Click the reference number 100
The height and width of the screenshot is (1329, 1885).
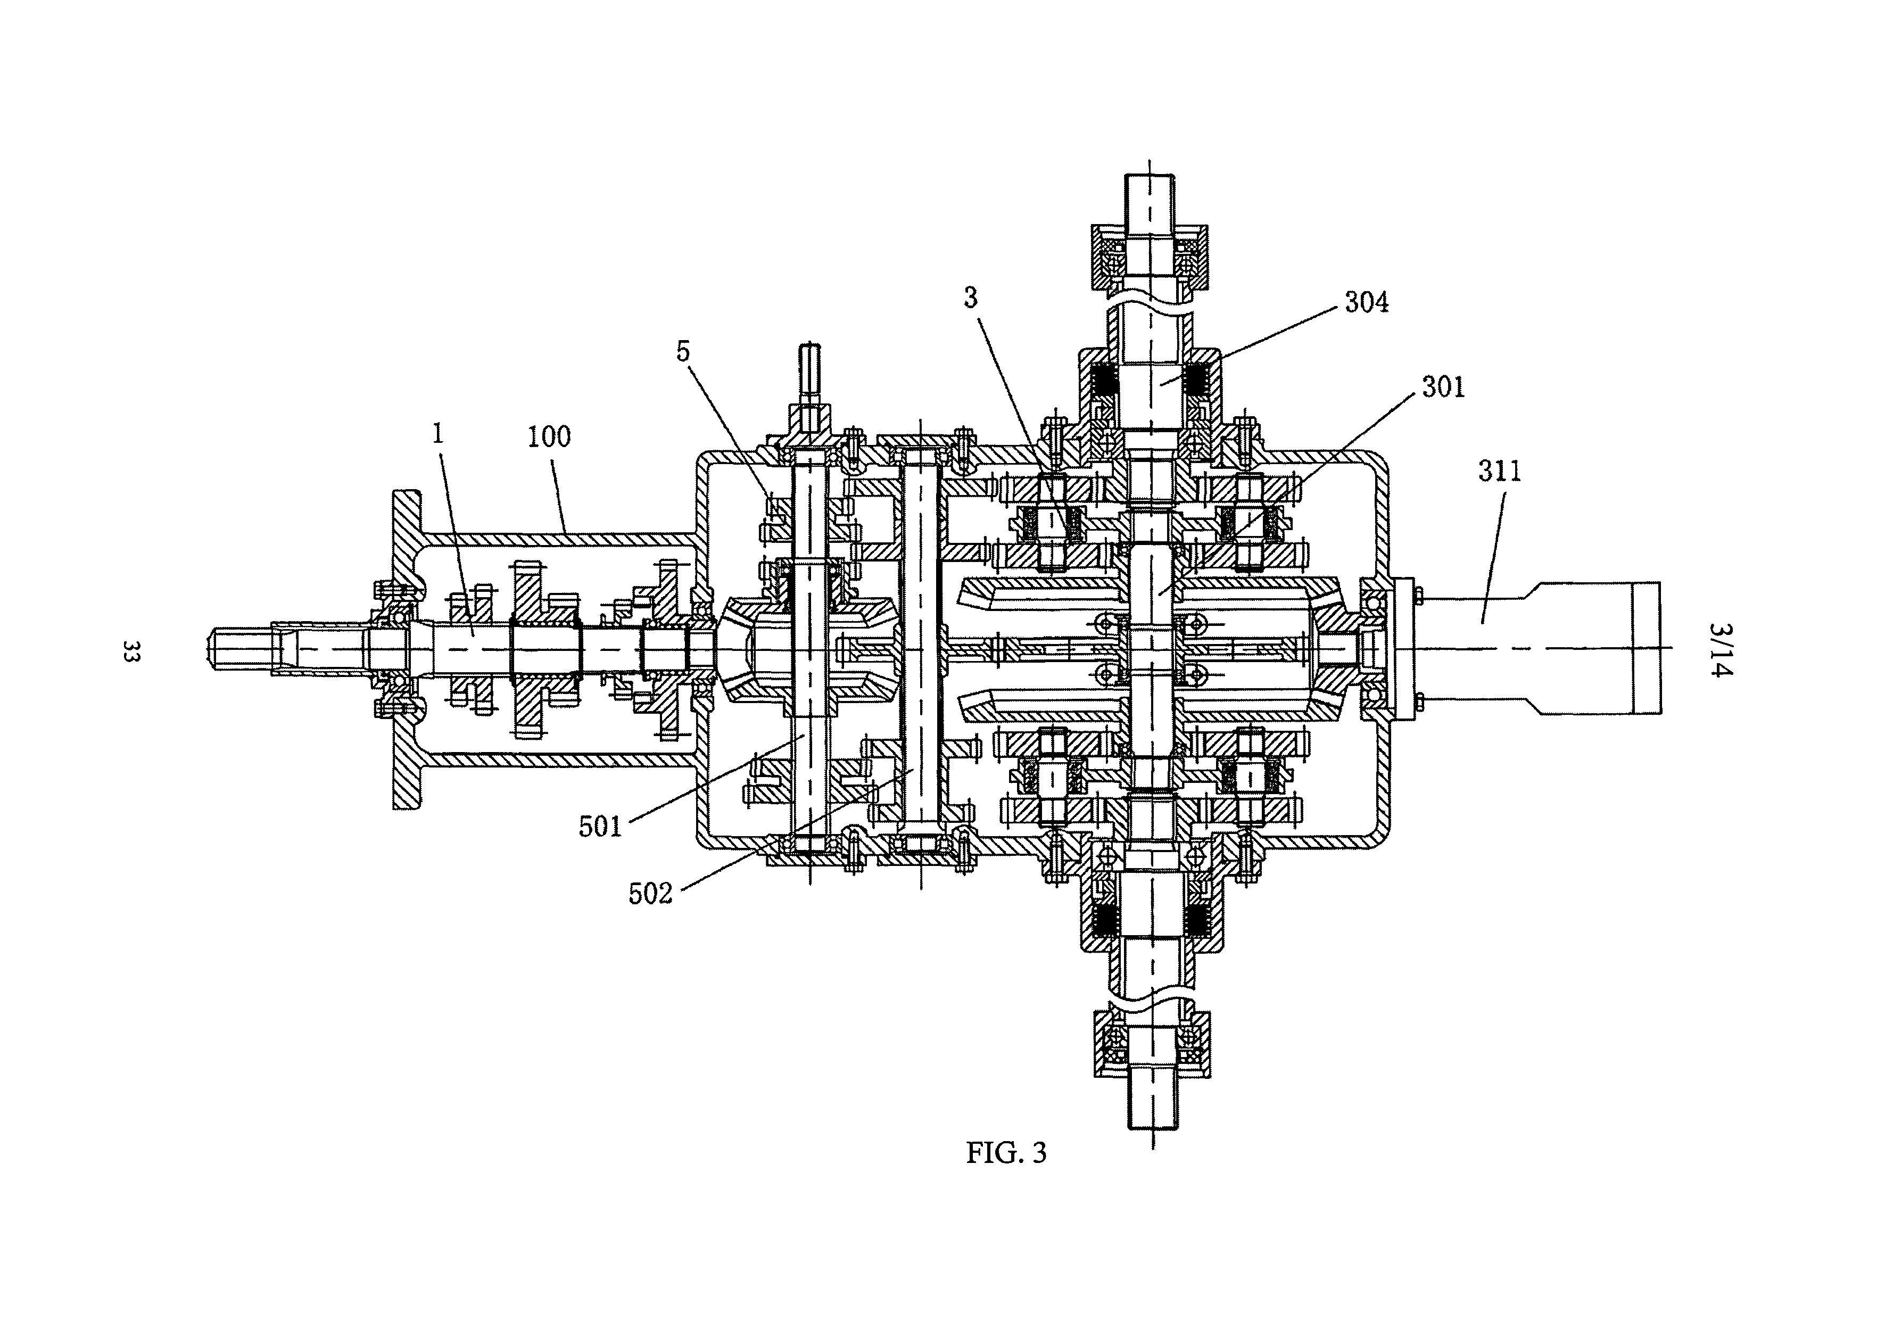pyautogui.click(x=549, y=437)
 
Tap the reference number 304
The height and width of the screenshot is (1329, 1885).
pyautogui.click(x=1366, y=303)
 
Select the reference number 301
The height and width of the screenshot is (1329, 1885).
pyautogui.click(x=1442, y=386)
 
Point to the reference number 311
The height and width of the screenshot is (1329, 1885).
pyautogui.click(x=1499, y=471)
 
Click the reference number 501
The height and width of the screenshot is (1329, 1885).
pyautogui.click(x=600, y=827)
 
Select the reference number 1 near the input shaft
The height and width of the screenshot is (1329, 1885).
pyautogui.click(x=439, y=433)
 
